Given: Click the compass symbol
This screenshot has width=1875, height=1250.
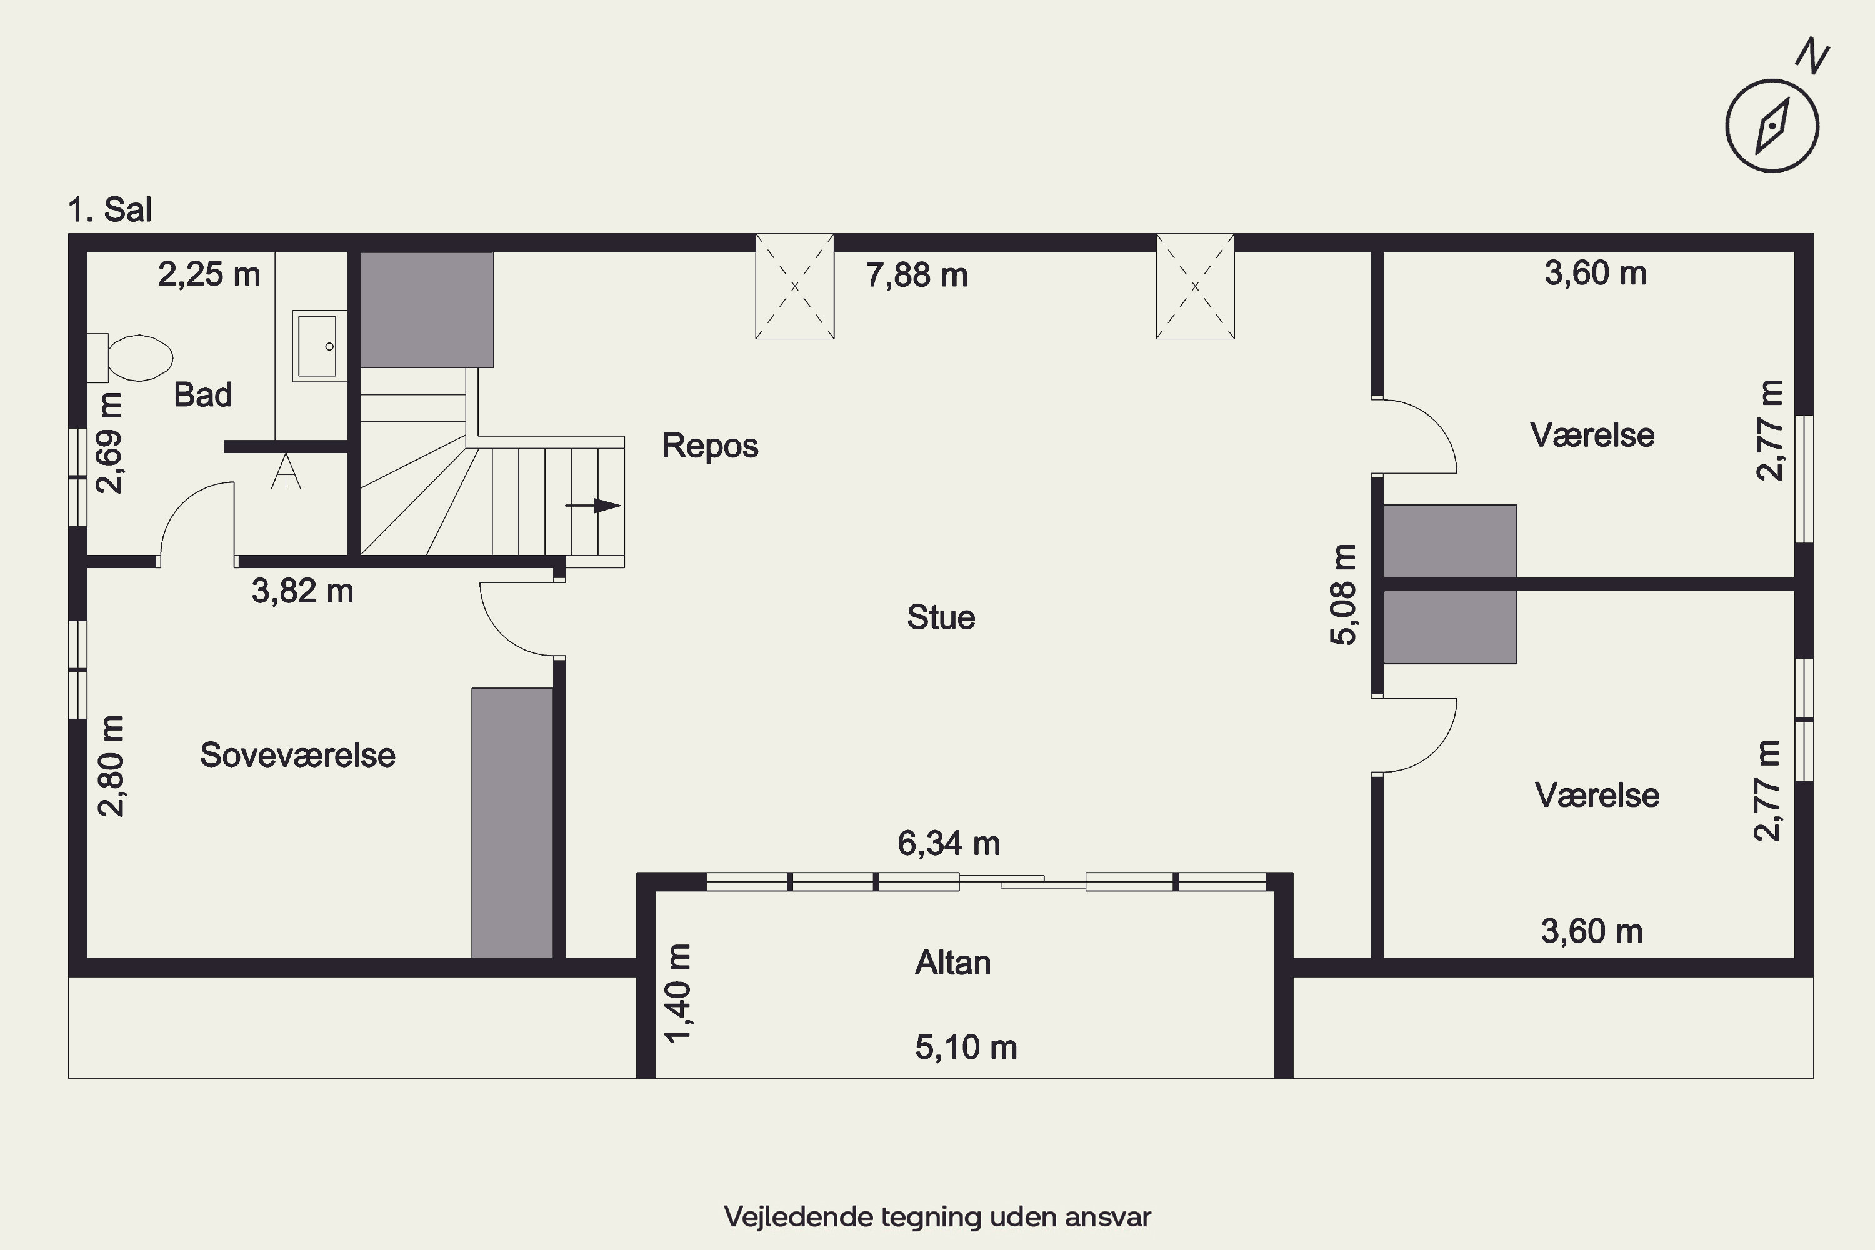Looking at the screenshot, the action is click(x=1772, y=125).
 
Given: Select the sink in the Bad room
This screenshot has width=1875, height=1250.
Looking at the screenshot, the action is click(x=319, y=346).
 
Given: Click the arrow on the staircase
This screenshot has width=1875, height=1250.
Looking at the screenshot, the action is click(x=593, y=506).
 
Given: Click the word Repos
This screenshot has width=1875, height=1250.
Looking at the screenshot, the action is click(x=709, y=446).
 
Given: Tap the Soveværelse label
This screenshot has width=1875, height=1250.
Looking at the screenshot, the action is click(x=297, y=755).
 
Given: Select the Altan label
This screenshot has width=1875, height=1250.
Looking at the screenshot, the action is click(x=952, y=963).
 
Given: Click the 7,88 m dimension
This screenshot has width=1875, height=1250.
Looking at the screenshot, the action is click(x=917, y=276).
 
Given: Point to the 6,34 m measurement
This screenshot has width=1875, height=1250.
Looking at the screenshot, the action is click(x=949, y=843).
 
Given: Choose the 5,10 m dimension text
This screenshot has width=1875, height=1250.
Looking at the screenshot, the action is click(x=966, y=1047).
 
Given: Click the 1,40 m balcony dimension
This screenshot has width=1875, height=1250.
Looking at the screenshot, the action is click(x=678, y=992).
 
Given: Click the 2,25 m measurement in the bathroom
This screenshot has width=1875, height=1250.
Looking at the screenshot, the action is click(x=209, y=275).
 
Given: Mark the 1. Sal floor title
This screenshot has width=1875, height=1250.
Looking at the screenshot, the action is click(x=110, y=209).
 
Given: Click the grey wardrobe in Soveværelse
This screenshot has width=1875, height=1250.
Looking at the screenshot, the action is click(x=512, y=822).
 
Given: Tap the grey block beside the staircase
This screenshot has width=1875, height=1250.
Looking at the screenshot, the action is click(x=426, y=310).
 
